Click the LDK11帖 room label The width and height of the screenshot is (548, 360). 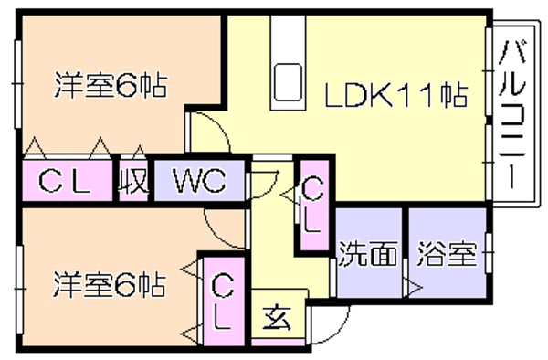point(396,95)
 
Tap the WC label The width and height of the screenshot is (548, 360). point(200,180)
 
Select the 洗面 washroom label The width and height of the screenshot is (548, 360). point(368,254)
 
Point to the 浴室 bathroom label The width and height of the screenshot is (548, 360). point(448,254)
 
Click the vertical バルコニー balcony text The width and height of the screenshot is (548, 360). point(512,114)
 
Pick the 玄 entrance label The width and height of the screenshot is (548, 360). point(277,318)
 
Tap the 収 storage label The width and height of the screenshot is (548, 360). point(133,180)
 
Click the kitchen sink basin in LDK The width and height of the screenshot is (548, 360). point(288,82)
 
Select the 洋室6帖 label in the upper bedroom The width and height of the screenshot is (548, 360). point(111,85)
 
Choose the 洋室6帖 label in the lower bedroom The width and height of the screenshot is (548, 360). point(110,285)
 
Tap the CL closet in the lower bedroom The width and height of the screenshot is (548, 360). point(222,302)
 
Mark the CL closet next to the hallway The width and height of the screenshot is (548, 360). point(312,205)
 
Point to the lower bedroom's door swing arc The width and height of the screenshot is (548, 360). point(216,235)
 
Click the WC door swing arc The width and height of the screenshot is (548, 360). point(269,190)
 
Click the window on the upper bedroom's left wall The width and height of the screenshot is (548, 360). point(18,84)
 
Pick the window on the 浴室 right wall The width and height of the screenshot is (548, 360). point(490,252)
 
